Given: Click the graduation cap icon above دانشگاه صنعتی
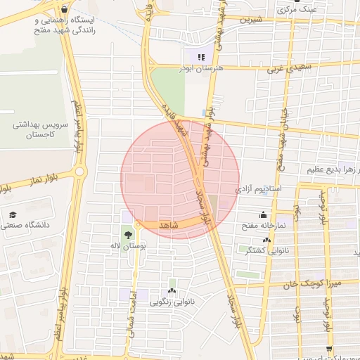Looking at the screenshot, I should (13, 215).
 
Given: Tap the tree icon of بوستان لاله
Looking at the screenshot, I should (128, 236).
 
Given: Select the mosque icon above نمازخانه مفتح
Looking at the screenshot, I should (264, 215).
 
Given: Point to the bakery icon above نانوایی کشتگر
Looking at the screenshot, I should (266, 240).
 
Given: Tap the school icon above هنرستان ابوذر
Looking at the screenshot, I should (201, 58).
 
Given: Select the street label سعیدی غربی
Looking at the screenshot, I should (290, 67).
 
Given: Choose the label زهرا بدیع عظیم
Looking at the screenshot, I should (333, 169).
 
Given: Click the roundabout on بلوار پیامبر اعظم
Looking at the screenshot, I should (79, 171).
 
